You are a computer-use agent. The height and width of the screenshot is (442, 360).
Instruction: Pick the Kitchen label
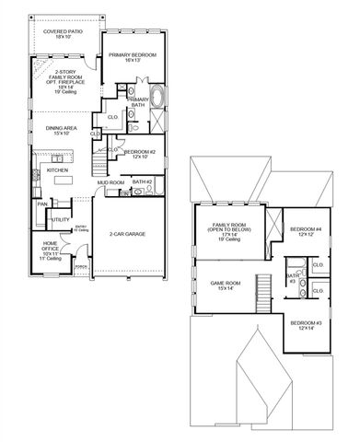pyautogui.click(x=57, y=170)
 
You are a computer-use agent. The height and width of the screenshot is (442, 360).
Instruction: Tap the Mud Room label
pyautogui.click(x=110, y=183)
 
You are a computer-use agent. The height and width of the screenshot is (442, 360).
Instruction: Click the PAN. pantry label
pyautogui.click(x=42, y=204)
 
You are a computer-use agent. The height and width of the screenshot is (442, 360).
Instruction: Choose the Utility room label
pyautogui.click(x=61, y=220)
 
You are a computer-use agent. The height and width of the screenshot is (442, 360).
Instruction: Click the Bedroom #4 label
pyautogui.click(x=306, y=231)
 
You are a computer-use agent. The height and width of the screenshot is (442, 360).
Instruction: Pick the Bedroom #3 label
pyautogui.click(x=306, y=326)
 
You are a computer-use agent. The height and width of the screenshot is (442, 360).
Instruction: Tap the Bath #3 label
pyautogui.click(x=293, y=277)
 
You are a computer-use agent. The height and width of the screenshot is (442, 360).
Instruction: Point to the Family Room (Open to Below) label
pyautogui.click(x=230, y=230)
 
